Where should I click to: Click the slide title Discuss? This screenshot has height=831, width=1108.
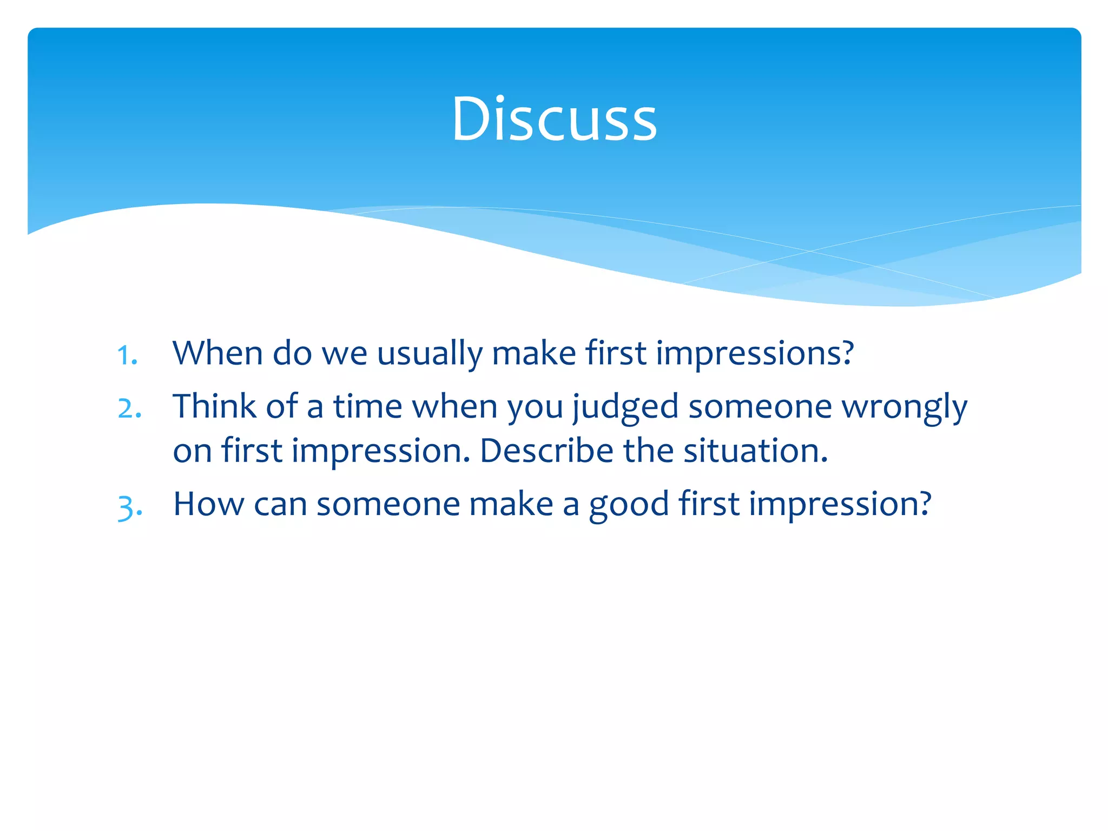coord(554,119)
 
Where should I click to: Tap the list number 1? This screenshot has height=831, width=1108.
coord(127,355)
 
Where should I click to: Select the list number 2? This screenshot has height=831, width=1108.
coord(129,408)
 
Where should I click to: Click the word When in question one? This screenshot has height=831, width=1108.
coord(218,353)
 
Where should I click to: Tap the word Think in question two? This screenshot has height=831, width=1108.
coord(214,406)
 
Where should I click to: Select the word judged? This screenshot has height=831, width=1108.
coord(625,407)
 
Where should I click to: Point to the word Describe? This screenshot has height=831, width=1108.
coord(546,451)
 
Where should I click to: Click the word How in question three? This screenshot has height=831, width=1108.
coord(209,504)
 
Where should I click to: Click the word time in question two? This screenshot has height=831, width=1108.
coord(367,406)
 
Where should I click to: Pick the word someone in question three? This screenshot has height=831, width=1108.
coord(387,504)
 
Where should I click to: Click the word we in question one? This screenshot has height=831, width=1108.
coord(345,354)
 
